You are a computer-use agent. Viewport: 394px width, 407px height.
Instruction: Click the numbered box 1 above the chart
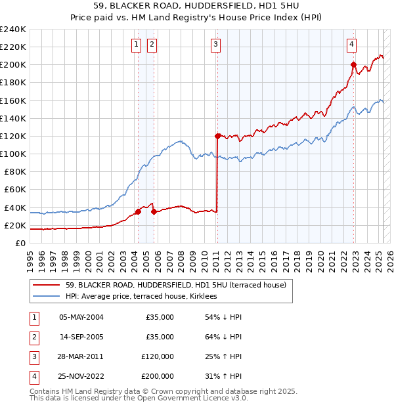click(135, 45)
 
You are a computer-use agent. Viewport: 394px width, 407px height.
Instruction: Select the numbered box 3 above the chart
click(215, 45)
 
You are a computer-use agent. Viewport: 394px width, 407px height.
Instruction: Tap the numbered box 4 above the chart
click(352, 45)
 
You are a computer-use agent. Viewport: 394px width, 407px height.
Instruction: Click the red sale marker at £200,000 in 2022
click(353, 64)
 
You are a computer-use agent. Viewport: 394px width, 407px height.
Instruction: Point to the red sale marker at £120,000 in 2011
click(217, 136)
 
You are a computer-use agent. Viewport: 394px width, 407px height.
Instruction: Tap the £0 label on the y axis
click(21, 243)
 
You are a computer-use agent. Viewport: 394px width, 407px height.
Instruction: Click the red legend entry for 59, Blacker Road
click(175, 286)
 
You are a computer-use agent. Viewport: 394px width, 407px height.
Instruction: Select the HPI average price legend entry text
click(145, 297)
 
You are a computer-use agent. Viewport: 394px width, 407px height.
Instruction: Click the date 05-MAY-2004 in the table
click(81, 317)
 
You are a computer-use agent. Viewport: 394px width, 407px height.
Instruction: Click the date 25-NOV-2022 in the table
click(81, 376)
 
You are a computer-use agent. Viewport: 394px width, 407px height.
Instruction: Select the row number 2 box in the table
click(32, 337)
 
